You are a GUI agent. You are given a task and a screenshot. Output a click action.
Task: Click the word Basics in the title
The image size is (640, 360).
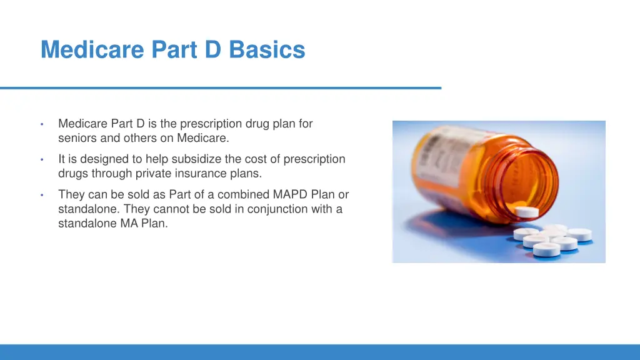[267, 49]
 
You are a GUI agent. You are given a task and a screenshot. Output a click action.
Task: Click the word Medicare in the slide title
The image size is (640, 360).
[92, 49]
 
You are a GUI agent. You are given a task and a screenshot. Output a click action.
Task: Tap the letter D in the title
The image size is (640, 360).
[213, 49]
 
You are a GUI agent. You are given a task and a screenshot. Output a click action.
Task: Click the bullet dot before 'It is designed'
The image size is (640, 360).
[41, 160]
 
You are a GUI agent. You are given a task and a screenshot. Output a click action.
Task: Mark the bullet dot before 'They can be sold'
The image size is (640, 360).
[41, 196]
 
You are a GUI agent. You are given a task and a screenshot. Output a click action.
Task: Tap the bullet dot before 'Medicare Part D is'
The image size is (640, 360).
[41, 124]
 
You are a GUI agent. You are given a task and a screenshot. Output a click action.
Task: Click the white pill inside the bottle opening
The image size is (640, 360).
[528, 211]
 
